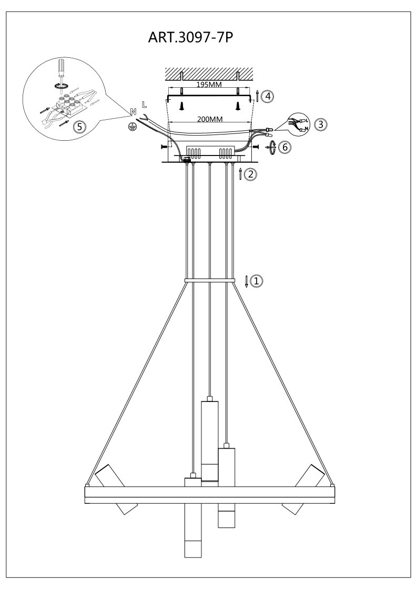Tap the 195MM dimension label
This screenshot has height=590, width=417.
[209, 84]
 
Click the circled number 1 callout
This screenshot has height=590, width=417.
[257, 281]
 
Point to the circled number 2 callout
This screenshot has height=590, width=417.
[250, 174]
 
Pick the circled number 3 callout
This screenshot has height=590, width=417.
[321, 124]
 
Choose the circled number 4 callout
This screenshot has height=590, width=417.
[268, 96]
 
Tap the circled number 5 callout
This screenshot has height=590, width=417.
[79, 127]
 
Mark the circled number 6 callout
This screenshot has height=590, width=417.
[285, 147]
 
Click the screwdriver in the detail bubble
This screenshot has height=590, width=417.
[60, 73]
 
